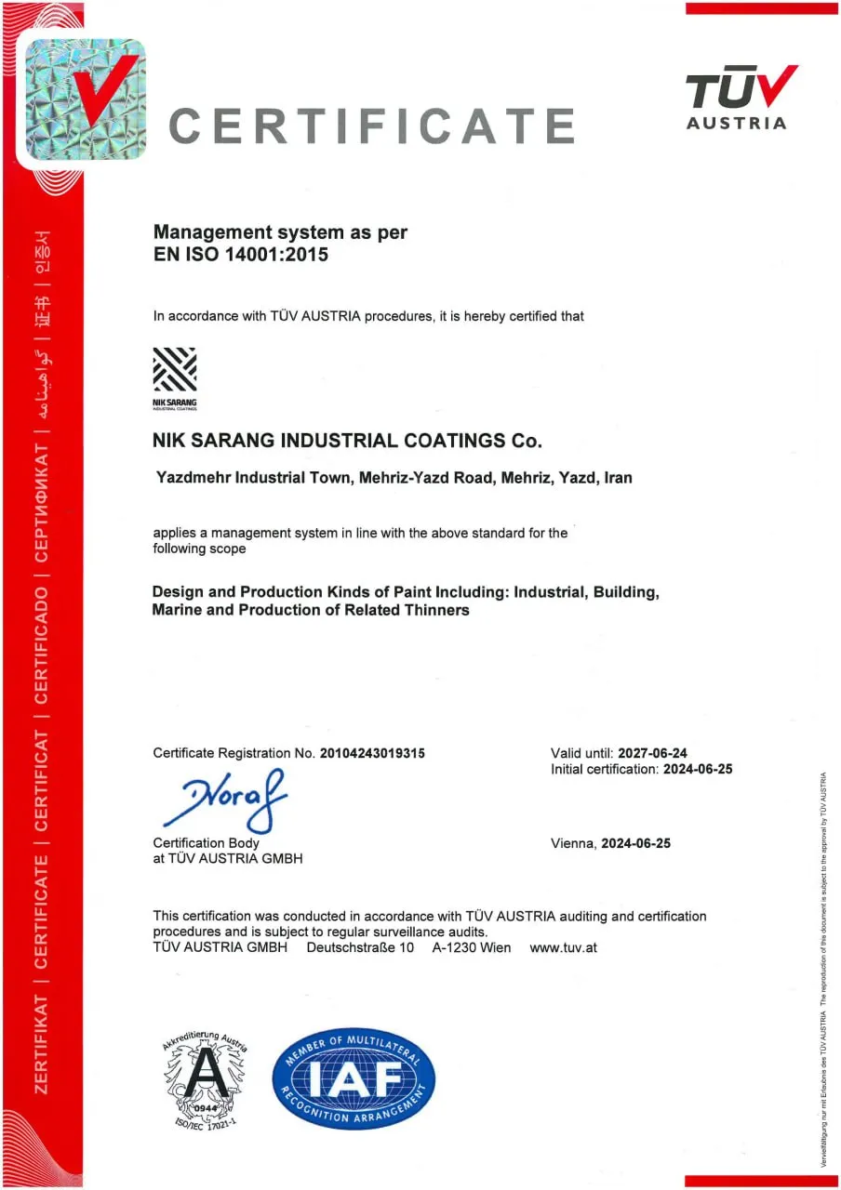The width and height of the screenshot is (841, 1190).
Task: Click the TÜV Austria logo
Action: click(740, 97)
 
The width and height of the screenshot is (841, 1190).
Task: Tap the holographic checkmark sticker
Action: click(83, 99)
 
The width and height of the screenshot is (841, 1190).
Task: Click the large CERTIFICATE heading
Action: click(371, 125)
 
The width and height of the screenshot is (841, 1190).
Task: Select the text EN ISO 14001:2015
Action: click(241, 254)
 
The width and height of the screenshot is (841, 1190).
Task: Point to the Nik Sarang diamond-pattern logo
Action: click(174, 371)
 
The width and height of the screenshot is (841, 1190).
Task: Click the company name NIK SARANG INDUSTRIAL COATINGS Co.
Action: click(346, 441)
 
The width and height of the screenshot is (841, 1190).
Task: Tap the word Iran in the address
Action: click(618, 479)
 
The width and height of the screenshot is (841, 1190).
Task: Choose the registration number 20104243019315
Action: click(372, 753)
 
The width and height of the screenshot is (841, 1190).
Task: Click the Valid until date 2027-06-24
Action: click(651, 752)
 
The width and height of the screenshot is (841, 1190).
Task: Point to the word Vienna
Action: click(573, 843)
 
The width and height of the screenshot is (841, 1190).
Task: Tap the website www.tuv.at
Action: click(563, 947)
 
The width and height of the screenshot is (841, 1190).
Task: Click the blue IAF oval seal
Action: click(354, 1078)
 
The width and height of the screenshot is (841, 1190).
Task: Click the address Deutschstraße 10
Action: click(360, 947)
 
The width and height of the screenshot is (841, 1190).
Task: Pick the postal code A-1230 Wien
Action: click(472, 947)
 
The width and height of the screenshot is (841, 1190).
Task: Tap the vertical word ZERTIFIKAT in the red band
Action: click(42, 1042)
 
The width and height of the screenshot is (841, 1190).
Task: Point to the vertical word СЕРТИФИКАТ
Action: click(42, 502)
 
